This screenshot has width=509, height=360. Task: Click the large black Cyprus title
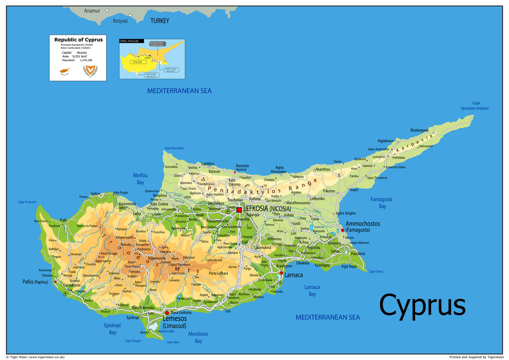click(422, 304)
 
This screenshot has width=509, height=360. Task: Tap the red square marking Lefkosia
click(239, 209)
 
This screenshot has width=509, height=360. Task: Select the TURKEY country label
click(160, 21)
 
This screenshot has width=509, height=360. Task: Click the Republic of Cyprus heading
click(79, 40)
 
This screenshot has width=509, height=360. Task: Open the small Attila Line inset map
click(152, 59)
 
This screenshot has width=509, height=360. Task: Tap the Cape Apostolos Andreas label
click(474, 106)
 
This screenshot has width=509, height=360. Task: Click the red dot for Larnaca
click(281, 273)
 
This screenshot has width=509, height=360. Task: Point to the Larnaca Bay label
click(312, 290)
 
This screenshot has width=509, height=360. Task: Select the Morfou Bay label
click(140, 179)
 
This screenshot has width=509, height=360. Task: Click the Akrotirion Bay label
click(198, 337)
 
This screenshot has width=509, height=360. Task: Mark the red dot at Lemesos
click(167, 312)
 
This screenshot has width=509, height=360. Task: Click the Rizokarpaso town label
click(419, 130)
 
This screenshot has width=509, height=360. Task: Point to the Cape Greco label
click(376, 271)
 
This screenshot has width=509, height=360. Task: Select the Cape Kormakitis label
click(174, 148)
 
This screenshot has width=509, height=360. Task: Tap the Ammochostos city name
click(362, 224)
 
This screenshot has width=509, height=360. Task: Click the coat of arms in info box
click(90, 71)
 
